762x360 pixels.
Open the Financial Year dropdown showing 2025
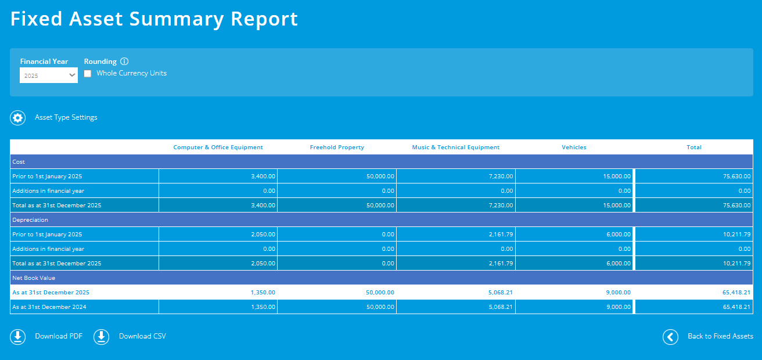pyautogui.click(x=49, y=75)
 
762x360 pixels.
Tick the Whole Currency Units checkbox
pyautogui.click(x=88, y=74)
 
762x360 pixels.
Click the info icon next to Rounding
pyautogui.click(x=124, y=62)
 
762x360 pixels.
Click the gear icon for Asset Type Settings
pyautogui.click(x=18, y=118)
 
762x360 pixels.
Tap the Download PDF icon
pyautogui.click(x=18, y=337)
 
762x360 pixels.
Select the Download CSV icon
pyautogui.click(x=102, y=337)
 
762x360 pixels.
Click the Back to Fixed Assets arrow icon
pyautogui.click(x=670, y=337)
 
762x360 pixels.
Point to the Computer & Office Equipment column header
pyautogui.click(x=218, y=147)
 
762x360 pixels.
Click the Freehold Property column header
pyautogui.click(x=337, y=147)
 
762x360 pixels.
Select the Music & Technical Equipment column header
pyautogui.click(x=456, y=147)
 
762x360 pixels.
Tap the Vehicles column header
pyautogui.click(x=574, y=147)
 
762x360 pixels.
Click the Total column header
pyautogui.click(x=694, y=147)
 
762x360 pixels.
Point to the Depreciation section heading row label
pyautogui.click(x=30, y=220)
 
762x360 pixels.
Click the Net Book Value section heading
pyautogui.click(x=34, y=278)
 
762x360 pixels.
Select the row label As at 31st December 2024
pyautogui.click(x=49, y=307)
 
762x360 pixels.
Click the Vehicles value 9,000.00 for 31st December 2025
pyautogui.click(x=617, y=293)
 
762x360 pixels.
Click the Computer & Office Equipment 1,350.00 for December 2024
pyautogui.click(x=263, y=307)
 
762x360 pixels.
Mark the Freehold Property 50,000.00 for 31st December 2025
pyautogui.click(x=380, y=293)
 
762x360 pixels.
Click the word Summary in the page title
pyautogui.click(x=176, y=19)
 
